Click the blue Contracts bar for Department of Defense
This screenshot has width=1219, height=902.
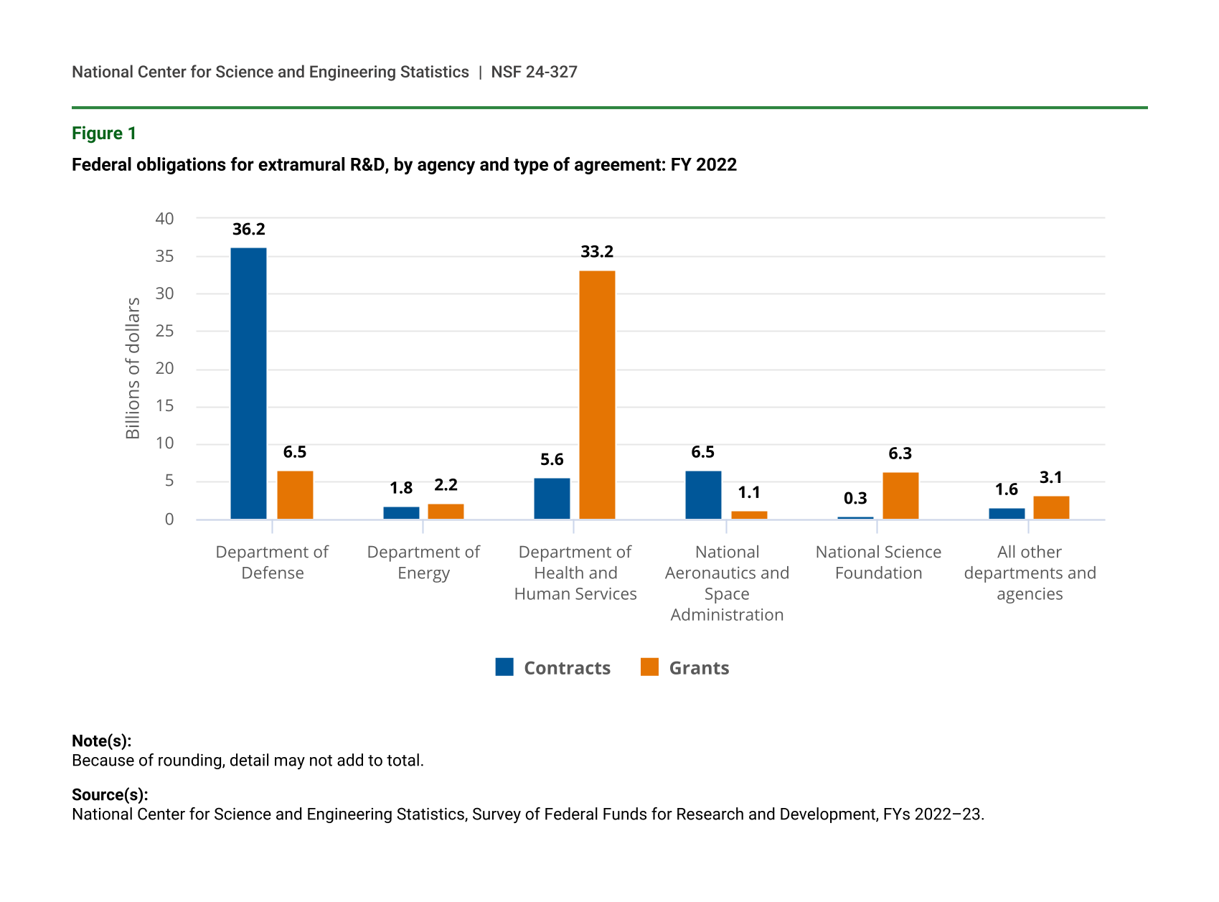pos(248,383)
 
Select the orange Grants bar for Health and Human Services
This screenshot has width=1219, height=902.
pos(597,395)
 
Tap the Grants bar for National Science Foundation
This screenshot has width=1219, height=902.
pos(900,496)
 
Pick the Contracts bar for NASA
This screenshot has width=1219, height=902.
pos(703,495)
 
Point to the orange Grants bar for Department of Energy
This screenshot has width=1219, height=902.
pos(446,512)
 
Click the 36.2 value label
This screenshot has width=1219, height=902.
pos(249,230)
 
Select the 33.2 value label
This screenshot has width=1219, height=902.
pos(597,252)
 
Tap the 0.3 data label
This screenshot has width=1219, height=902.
pos(855,499)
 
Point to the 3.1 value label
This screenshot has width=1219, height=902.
pos(1051,478)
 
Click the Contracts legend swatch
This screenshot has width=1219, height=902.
pos(504,667)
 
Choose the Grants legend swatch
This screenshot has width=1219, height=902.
pos(649,667)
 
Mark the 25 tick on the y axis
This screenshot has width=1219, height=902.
pos(164,332)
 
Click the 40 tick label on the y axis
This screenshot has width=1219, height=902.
pos(164,219)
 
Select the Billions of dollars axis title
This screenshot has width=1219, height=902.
pos(133,368)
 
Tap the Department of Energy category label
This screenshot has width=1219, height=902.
pos(423,563)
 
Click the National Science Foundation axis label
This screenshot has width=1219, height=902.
pos(878,563)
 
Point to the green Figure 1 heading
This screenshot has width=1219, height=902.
pos(104,133)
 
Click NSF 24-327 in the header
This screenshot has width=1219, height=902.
pos(534,72)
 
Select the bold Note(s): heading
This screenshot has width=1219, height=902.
pos(101,741)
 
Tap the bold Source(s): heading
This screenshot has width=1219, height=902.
pos(110,795)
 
